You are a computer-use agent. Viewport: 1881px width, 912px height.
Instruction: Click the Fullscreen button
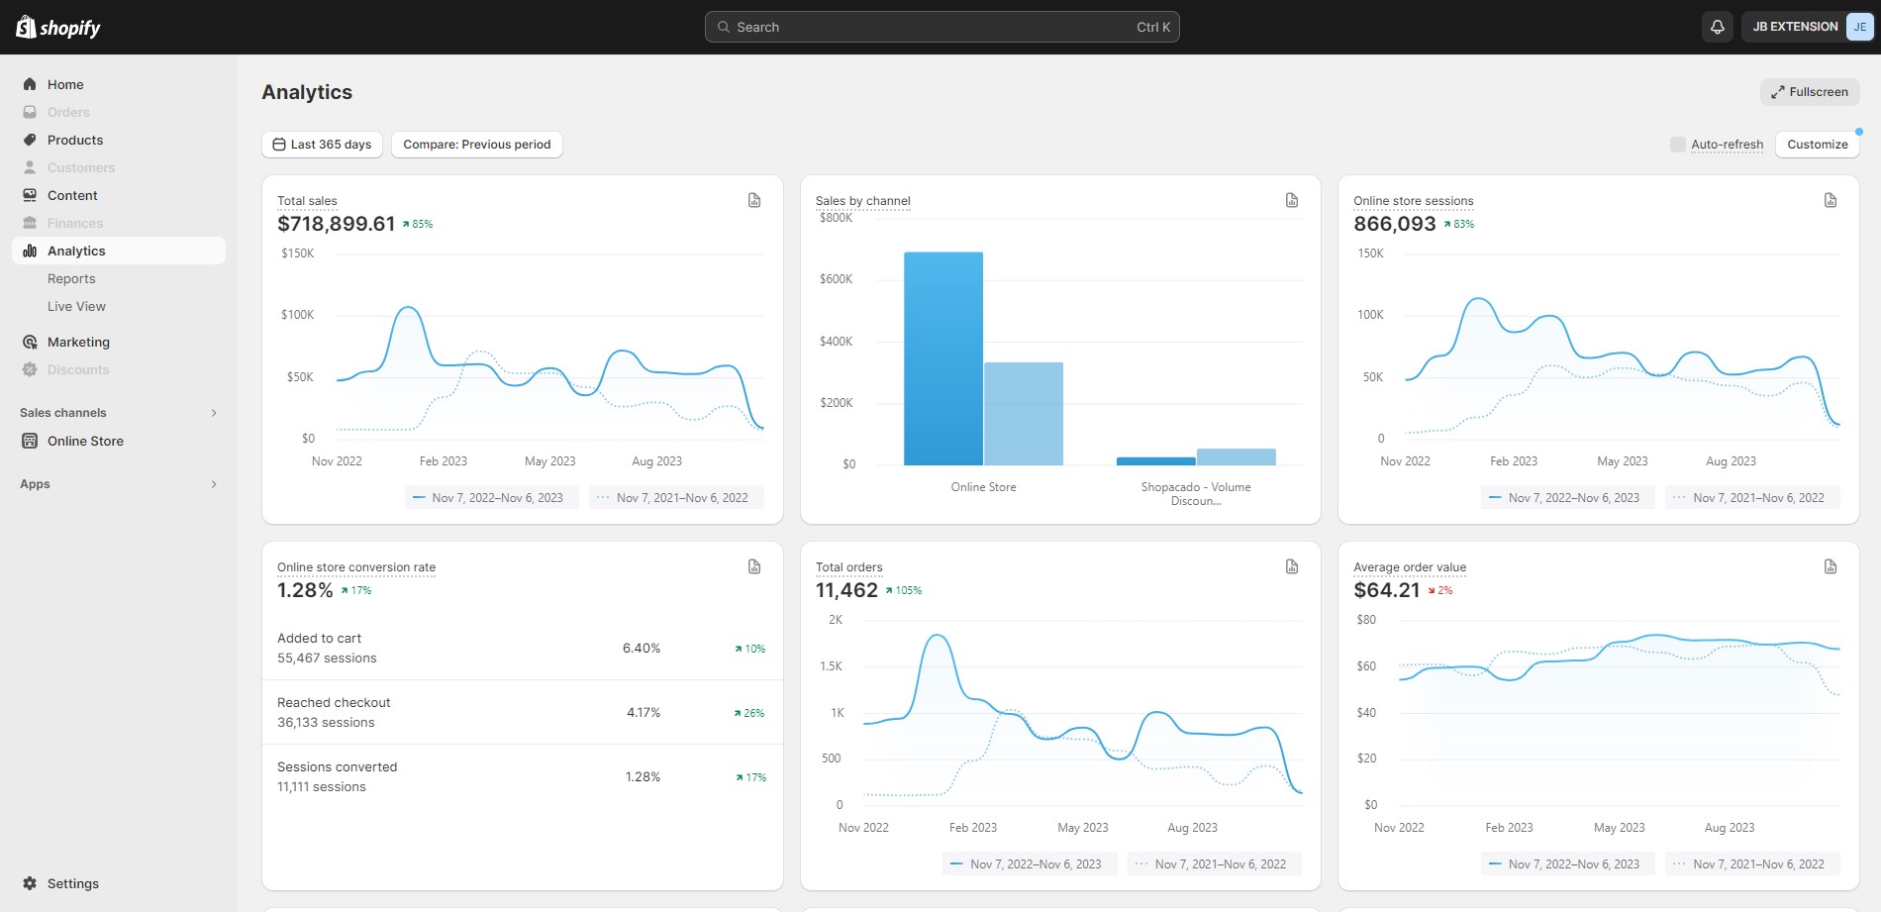(1809, 92)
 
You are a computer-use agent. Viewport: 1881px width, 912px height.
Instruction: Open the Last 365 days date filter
(322, 145)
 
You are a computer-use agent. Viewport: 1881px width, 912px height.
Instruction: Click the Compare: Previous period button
(476, 145)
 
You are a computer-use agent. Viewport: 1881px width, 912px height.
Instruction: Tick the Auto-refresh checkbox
(1677, 145)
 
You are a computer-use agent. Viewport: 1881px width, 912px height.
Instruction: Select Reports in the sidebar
(71, 279)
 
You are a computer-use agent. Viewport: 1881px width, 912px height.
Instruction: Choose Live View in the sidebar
(76, 307)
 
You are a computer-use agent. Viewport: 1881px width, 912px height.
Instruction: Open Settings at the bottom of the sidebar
(72, 883)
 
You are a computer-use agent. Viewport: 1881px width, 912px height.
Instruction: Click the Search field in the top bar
(940, 27)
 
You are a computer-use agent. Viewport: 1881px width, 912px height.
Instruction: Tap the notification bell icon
(1718, 27)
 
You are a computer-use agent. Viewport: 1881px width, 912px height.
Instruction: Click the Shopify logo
(58, 27)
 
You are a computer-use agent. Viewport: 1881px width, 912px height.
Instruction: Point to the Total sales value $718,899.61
(337, 224)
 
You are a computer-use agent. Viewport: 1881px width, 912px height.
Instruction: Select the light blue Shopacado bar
(1236, 456)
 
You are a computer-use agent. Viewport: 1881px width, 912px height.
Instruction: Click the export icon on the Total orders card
(1292, 566)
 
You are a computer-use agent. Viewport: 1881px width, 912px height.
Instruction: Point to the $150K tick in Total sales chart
(298, 253)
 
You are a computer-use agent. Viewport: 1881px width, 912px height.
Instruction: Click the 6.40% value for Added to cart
(642, 649)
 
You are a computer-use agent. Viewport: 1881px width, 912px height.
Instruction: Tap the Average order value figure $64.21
(1387, 590)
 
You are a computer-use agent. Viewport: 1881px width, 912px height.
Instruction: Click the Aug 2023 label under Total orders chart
(1192, 828)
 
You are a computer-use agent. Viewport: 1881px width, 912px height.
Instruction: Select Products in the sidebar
(75, 141)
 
